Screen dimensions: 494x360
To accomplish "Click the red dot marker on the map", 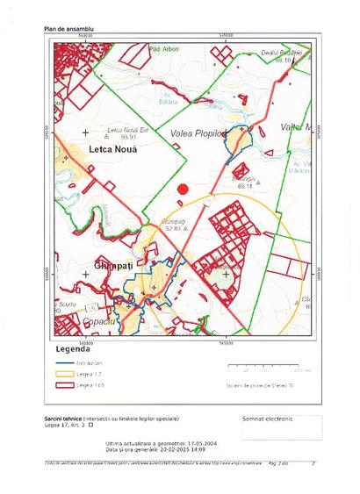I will point(183,188).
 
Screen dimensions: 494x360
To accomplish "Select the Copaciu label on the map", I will point(99,321).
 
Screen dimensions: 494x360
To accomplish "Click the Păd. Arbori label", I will point(164,49).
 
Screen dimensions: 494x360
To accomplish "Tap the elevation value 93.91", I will point(129,138).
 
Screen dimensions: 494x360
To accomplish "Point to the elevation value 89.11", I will point(243,186).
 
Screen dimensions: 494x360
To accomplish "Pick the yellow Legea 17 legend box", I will point(63,373).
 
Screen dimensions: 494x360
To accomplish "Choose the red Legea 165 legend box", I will point(63,384).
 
